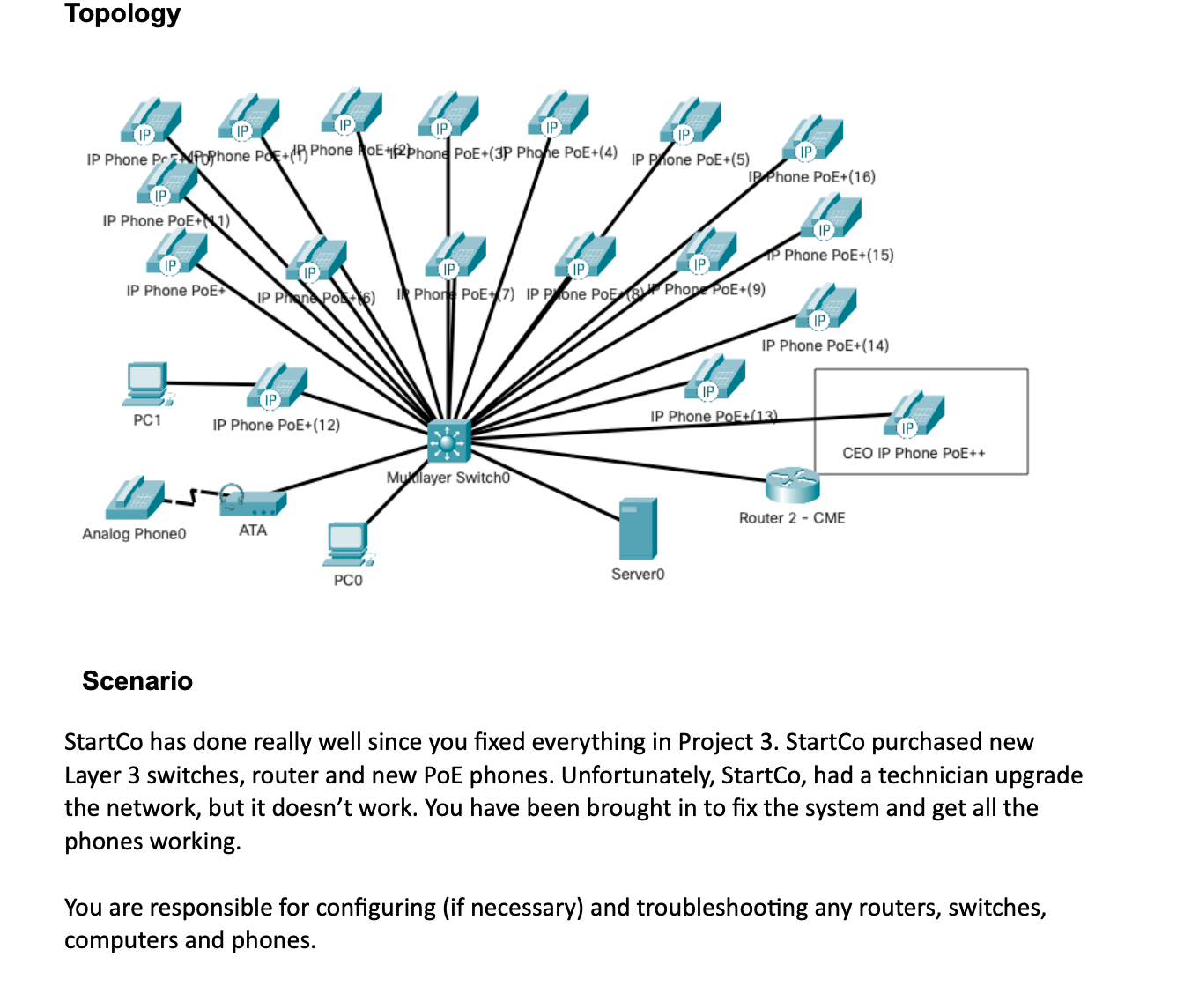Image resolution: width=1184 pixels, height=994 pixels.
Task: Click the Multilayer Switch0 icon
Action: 448,441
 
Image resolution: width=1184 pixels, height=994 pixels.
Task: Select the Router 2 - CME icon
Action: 792,485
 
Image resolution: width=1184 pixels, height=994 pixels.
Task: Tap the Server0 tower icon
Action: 638,529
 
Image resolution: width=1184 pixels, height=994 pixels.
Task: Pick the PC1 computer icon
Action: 147,384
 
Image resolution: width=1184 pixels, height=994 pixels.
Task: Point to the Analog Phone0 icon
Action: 134,500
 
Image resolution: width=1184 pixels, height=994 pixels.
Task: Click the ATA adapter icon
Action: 253,501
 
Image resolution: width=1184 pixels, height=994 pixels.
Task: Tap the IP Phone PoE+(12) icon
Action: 277,388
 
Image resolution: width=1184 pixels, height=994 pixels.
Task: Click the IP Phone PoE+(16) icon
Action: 815,140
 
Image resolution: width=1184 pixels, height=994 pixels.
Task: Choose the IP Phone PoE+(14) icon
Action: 827,308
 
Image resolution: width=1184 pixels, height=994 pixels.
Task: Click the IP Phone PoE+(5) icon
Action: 692,122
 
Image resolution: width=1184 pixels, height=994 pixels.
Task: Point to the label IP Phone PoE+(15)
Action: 830,256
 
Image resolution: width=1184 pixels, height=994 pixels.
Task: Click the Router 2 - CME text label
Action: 792,518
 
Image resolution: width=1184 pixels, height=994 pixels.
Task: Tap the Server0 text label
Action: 638,575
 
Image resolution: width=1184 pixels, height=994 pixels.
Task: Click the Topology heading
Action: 122,13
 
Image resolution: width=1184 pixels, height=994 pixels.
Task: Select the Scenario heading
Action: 137,681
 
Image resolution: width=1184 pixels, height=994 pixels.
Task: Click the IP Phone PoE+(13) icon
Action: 716,379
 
